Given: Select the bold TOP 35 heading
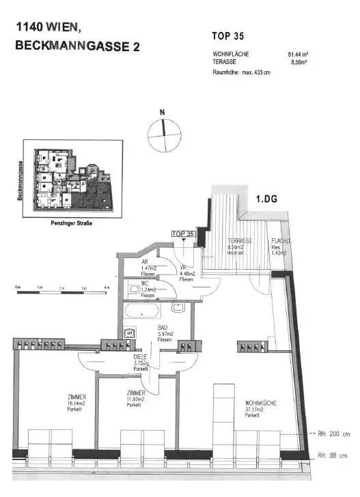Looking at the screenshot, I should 228,36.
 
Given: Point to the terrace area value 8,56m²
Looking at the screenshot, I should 299,61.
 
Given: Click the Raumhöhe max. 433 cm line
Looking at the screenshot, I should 241,72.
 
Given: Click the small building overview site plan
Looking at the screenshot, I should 72,178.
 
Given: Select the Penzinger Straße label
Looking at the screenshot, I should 72,223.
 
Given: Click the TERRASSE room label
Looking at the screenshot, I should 240,241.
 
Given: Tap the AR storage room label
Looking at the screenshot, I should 144,261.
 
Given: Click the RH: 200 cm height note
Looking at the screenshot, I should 333,434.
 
